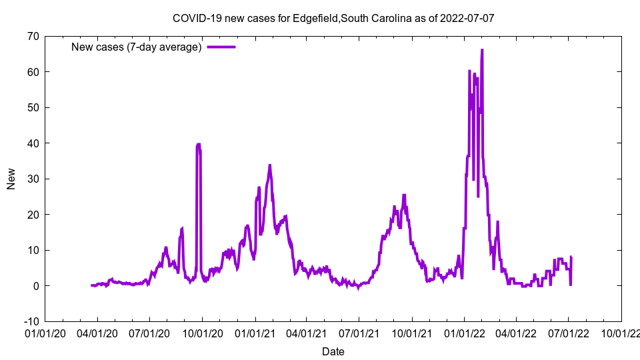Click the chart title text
tap(333, 18)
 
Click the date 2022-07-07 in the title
tap(467, 18)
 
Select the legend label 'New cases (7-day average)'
tap(137, 47)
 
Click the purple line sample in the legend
tap(221, 47)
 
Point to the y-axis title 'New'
tap(11, 179)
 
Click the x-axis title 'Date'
tap(333, 351)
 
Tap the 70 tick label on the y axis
tap(33, 36)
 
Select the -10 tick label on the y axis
tap(31, 321)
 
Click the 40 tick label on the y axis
tap(33, 143)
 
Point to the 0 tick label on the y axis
tap(35, 286)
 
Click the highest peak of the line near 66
tap(482, 50)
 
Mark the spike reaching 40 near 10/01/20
tap(198, 144)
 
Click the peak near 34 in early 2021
tap(270, 165)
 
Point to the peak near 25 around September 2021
tap(404, 195)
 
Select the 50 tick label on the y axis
tap(33, 107)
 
